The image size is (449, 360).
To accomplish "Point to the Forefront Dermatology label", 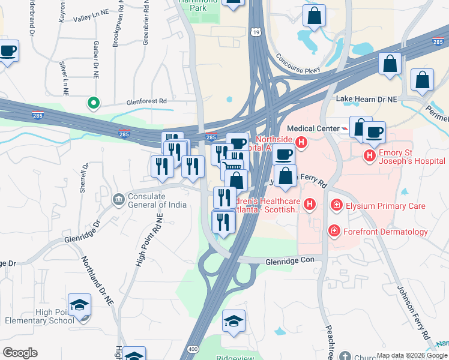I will coord(385,232).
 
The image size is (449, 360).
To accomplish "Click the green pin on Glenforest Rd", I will coord(93,104).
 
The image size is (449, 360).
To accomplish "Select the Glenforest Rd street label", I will coord(146,102).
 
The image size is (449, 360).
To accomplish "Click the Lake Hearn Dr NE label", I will coord(367,98).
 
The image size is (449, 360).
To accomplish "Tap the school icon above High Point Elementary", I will coord(80,305).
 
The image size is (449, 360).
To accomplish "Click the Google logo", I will coord(20,353).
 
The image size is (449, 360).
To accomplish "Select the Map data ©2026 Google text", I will coord(410,355).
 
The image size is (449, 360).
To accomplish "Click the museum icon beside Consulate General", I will coord(118,199).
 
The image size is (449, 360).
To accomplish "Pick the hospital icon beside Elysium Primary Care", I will coord(337,206).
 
